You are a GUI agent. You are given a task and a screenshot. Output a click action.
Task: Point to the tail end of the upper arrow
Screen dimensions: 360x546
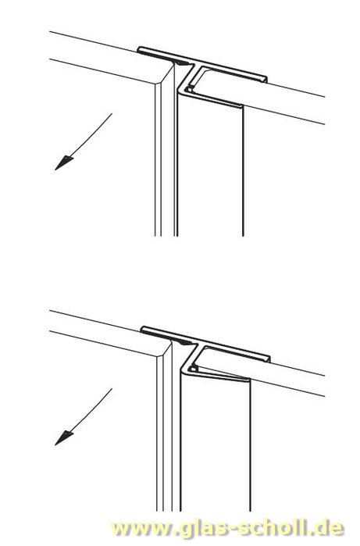112,113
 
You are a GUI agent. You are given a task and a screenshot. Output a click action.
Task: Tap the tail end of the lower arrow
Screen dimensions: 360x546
112,389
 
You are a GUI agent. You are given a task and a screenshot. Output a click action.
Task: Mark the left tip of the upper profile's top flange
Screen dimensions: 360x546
138,49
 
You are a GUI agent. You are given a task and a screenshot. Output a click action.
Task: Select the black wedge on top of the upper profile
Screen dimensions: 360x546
183,63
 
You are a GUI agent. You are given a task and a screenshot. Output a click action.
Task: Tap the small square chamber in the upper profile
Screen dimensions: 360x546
189,89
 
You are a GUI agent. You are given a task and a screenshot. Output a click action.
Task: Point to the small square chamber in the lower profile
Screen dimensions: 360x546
194,368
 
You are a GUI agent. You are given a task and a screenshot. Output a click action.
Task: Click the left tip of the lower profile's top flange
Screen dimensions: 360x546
142,329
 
